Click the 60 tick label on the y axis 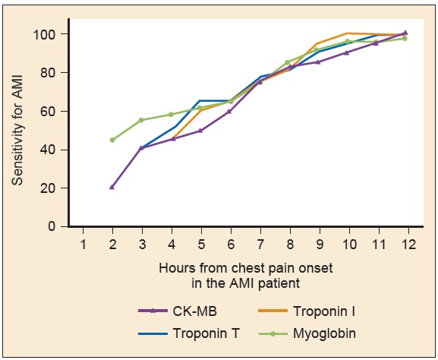click(50, 111)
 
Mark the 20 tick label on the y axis click(50, 188)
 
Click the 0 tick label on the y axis click(54, 226)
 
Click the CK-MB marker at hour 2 click(112, 186)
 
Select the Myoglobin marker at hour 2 click(112, 140)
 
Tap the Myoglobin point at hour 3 click(141, 120)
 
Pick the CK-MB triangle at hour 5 click(201, 130)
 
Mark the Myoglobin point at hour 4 click(171, 115)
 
